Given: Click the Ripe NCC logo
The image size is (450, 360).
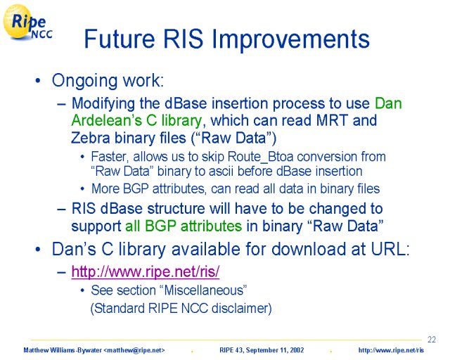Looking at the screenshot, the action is (x=27, y=22).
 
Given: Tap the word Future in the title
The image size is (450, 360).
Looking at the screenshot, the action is (x=120, y=39).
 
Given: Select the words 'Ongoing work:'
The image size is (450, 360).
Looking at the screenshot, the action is (x=108, y=81).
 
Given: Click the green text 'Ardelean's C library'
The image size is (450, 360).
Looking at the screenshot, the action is (x=136, y=120).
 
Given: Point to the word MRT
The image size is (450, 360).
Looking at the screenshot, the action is (x=332, y=120).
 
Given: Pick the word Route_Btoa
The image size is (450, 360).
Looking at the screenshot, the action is (x=261, y=157).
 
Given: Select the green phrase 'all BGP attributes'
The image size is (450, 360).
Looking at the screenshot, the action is (x=184, y=226).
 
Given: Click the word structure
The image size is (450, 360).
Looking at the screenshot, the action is (x=176, y=209).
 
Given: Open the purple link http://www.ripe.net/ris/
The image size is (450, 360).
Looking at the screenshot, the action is (x=146, y=271).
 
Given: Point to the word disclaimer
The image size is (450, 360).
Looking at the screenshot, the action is (x=241, y=309).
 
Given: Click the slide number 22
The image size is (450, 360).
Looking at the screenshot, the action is (x=432, y=340).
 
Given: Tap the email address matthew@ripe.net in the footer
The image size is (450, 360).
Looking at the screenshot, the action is (x=134, y=350).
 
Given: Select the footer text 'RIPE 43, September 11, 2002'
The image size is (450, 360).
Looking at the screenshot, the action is (x=262, y=350).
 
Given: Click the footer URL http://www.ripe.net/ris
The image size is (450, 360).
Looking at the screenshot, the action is (x=391, y=350).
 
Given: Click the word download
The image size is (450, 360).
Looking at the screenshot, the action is (x=308, y=249).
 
